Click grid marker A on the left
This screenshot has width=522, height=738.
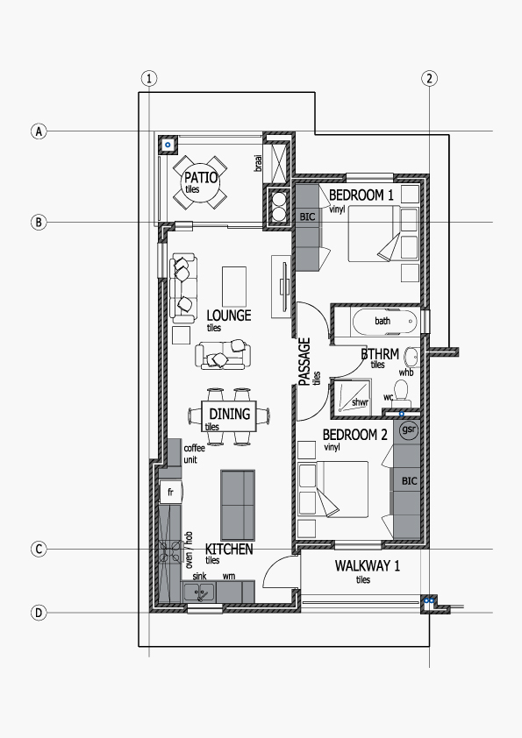39,131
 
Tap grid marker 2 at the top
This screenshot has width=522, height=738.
429,78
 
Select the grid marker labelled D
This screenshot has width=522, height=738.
39,613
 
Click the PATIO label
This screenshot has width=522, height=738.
201,177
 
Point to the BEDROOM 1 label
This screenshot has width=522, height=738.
361,195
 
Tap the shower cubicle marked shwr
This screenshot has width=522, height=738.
352,397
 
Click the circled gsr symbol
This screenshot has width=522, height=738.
409,429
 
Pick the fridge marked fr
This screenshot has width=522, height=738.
170,493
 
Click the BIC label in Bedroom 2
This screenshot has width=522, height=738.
410,481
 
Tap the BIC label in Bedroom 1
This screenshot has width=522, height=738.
307,217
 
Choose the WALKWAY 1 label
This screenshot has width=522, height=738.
368,565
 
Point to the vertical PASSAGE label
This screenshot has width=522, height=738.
304,361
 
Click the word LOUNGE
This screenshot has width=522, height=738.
229,315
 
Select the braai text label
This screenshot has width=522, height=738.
258,163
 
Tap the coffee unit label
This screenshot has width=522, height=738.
194,454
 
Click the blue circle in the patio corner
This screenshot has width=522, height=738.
168,145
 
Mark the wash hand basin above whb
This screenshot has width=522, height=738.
411,357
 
